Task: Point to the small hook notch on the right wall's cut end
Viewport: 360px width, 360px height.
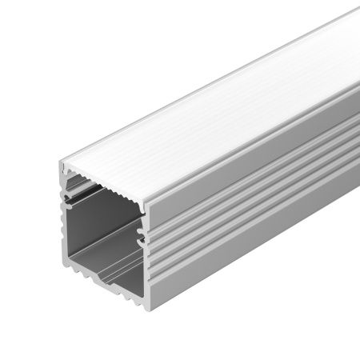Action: (142, 236)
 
